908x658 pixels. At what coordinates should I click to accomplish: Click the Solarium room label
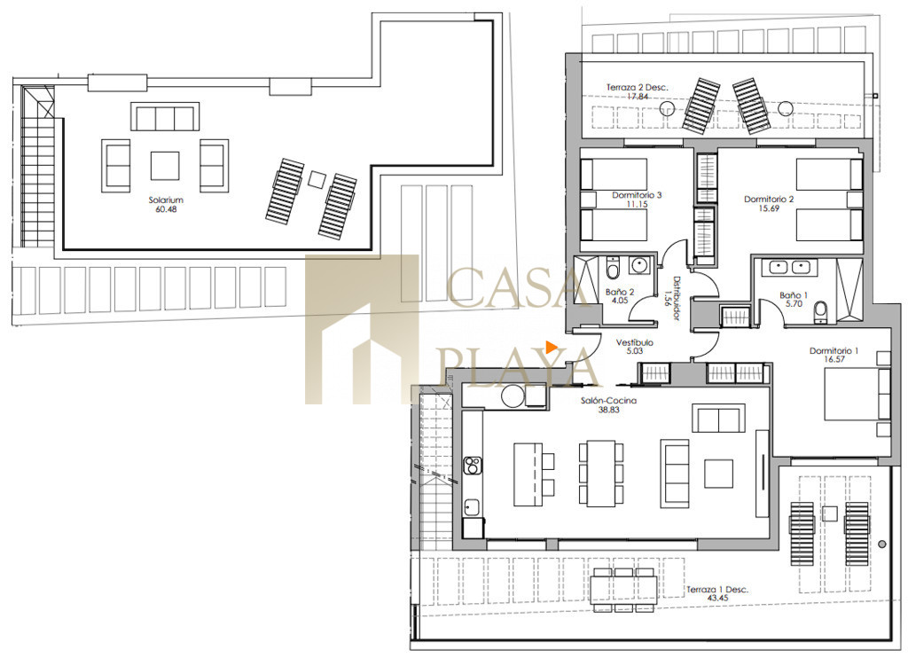tap(166, 200)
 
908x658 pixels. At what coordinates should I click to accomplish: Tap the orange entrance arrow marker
tap(551, 347)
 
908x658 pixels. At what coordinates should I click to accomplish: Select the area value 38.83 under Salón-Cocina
tap(608, 410)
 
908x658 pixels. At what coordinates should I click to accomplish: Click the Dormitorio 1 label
tap(834, 350)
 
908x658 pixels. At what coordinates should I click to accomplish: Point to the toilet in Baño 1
tap(820, 312)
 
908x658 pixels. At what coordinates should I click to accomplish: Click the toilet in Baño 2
tap(614, 268)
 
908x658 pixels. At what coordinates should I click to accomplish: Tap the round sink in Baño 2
tap(638, 266)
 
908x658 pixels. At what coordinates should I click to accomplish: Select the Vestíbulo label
tap(635, 342)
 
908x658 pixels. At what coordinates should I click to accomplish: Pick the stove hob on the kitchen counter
tap(473, 465)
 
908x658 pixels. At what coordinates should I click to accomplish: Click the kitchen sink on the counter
tap(472, 507)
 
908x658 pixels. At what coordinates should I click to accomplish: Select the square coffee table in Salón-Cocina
tap(718, 474)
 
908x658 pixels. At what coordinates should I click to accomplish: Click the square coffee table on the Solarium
tap(165, 166)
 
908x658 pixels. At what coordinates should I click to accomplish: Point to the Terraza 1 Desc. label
tap(717, 590)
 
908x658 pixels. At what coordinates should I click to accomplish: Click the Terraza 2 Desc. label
tap(637, 88)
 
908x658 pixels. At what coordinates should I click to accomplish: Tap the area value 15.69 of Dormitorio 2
tap(769, 208)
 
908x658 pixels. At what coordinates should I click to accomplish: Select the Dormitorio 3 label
tap(637, 195)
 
